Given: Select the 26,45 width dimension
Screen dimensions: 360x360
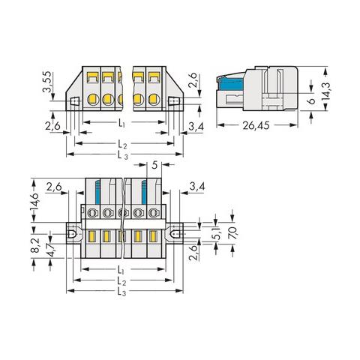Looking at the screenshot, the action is point(256,125).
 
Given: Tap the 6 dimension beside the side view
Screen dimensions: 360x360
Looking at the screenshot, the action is point(311,101).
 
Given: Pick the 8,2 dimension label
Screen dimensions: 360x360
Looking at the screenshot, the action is point(36,245).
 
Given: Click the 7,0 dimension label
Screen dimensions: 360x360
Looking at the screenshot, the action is point(232,233).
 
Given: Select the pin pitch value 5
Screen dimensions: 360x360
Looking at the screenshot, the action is point(154,165).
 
